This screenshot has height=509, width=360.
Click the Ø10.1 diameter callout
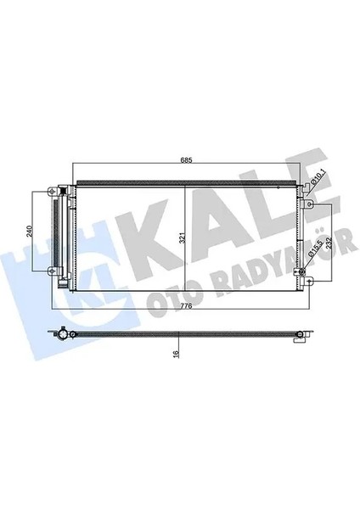click(x=316, y=175)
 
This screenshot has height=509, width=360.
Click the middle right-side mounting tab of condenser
click(x=310, y=205)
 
